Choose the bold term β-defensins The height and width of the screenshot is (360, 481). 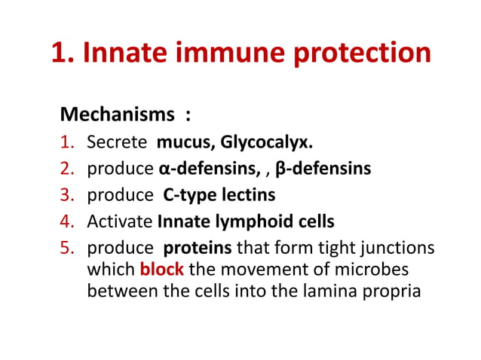[323, 168]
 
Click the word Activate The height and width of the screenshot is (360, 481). [120, 221]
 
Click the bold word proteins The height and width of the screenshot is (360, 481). [194, 248]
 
